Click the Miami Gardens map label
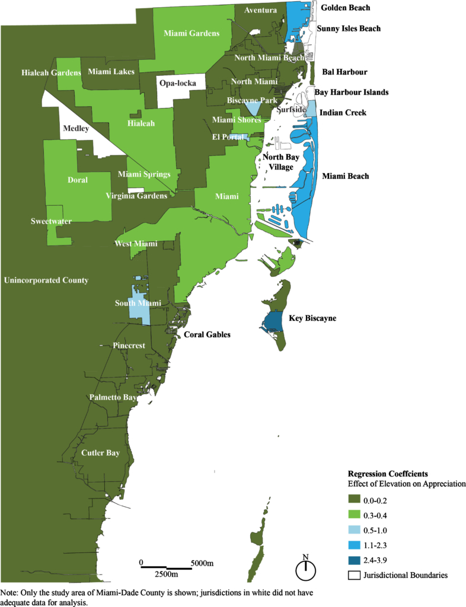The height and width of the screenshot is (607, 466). pos(191,33)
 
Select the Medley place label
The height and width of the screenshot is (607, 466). pos(75,127)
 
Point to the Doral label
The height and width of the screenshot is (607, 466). pos(78,179)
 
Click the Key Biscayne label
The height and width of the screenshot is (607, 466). pos(312,318)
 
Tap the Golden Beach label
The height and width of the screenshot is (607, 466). pos(345,8)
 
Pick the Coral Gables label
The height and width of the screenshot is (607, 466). pos(207,334)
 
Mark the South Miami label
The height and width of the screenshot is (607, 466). pos(138,303)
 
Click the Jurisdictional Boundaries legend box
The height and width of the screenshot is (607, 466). pos(355,575)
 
